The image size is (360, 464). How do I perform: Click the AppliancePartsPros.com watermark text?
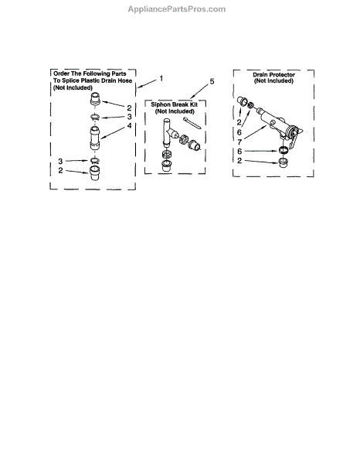pyautogui.click(x=176, y=9)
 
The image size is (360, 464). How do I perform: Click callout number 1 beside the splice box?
pyautogui.click(x=161, y=78)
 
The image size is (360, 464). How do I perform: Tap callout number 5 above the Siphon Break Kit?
pyautogui.click(x=212, y=81)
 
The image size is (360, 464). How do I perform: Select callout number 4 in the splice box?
pyautogui.click(x=129, y=126)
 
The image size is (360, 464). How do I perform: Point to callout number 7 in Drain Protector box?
pyautogui.click(x=239, y=142)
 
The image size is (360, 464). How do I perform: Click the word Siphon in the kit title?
pyautogui.click(x=161, y=104)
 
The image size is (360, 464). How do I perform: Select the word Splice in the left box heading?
pyautogui.click(x=70, y=80)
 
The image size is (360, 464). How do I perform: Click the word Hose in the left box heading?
pyautogui.click(x=124, y=80)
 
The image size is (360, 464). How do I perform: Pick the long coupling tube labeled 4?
pyautogui.click(x=95, y=138)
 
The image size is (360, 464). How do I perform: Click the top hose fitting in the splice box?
pyautogui.click(x=95, y=98)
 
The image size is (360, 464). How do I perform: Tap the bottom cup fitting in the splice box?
pyautogui.click(x=94, y=173)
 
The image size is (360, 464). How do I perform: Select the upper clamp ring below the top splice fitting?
pyautogui.click(x=95, y=117)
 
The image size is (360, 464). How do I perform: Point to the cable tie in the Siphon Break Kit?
pyautogui.click(x=192, y=123)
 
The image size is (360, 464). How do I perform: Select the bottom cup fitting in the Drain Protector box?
pyautogui.click(x=284, y=162)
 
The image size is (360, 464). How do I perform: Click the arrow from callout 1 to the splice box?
pyautogui.click(x=148, y=84)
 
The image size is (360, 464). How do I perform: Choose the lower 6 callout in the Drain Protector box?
pyautogui.click(x=239, y=152)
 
